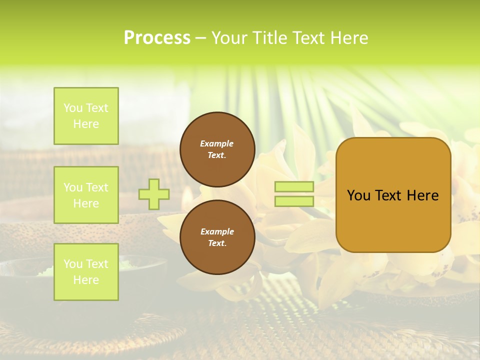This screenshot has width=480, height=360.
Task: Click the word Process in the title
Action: (x=157, y=38)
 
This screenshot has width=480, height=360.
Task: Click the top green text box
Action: (x=86, y=116)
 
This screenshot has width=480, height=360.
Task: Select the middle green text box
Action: (x=86, y=195)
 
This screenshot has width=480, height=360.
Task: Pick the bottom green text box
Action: (x=86, y=272)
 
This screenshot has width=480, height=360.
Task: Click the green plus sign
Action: (x=154, y=194)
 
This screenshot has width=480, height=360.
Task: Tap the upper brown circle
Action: (x=217, y=149)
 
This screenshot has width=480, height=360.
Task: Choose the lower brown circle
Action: (x=217, y=237)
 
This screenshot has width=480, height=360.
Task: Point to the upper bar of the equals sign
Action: (x=294, y=186)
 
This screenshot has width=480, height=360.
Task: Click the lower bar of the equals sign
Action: (x=294, y=201)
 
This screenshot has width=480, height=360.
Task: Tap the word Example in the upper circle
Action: (x=217, y=143)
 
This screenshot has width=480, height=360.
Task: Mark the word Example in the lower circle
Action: (x=217, y=231)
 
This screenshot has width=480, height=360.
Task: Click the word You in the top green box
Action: (x=73, y=108)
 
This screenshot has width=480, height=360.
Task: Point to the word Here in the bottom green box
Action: (x=86, y=280)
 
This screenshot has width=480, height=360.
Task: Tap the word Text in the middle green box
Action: (x=96, y=187)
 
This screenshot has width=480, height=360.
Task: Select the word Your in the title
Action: (x=228, y=38)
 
